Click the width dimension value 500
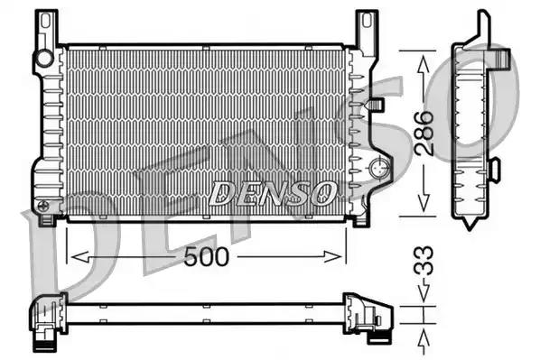[208, 256]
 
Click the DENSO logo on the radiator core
[273, 192]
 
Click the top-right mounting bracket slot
[366, 24]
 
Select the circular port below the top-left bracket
[43, 59]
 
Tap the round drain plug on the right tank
[379, 167]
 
